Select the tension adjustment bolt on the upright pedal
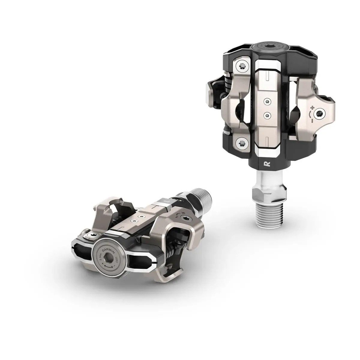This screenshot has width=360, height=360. (322, 113)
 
